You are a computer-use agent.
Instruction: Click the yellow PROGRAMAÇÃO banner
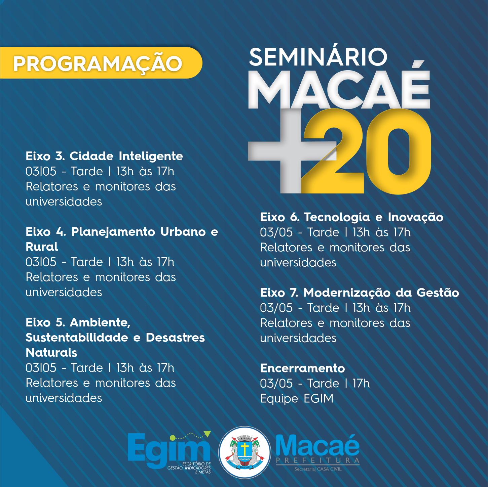point(101,63)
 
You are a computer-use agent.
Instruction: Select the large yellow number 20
point(366,151)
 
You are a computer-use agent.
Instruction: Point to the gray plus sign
point(291,151)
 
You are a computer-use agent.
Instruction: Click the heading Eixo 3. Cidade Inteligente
point(104,156)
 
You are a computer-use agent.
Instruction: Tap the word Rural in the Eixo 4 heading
point(42,247)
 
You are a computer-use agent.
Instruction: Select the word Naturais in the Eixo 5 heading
point(51,352)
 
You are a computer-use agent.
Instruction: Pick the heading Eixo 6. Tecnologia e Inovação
point(352,217)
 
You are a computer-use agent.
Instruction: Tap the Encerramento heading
point(303,368)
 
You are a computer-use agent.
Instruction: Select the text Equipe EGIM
point(297,398)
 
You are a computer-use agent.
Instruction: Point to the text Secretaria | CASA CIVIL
point(318,469)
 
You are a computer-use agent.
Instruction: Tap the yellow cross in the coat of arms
point(245,449)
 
